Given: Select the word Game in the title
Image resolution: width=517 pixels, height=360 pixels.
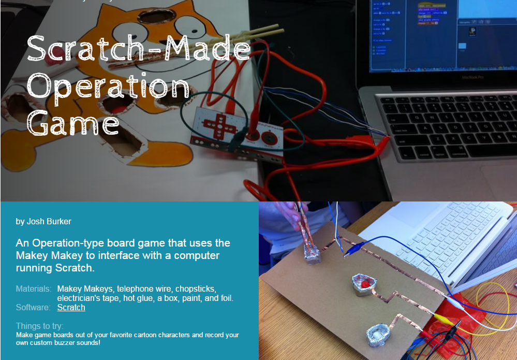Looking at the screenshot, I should [x=73, y=124].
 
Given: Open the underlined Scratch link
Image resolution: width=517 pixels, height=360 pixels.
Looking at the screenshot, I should [x=71, y=307].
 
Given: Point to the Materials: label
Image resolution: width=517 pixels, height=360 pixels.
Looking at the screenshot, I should [x=33, y=289].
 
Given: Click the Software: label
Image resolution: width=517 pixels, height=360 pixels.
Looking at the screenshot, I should [x=33, y=307].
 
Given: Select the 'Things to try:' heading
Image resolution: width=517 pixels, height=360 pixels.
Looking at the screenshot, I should [x=39, y=326].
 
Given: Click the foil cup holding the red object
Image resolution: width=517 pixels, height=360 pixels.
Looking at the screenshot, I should [x=364, y=285].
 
